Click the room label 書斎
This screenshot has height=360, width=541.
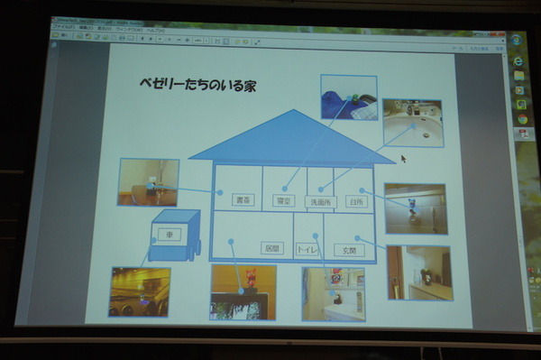(x=242, y=199)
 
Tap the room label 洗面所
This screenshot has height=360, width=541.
(x=320, y=202)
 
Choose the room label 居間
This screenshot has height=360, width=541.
(x=271, y=246)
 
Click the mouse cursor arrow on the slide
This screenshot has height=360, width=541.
(x=403, y=158)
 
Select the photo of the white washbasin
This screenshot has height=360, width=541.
(x=412, y=124)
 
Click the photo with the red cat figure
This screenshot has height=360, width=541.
(x=243, y=291)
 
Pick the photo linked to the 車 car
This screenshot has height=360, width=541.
(x=140, y=291)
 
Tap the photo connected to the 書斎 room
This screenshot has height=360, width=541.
(x=148, y=181)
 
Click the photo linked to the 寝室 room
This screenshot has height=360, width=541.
(x=349, y=97)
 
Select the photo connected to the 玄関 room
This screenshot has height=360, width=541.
(x=418, y=272)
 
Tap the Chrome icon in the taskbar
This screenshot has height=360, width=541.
(x=520, y=118)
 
